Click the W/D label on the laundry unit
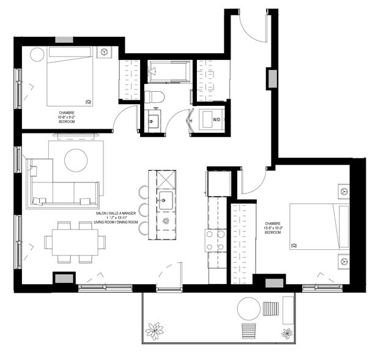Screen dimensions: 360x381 point(216,120)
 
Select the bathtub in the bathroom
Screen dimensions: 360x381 point(169,72)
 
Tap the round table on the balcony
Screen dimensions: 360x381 point(250,307)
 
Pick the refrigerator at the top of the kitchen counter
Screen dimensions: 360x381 point(219,182)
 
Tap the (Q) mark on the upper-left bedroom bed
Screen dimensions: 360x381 point(89,102)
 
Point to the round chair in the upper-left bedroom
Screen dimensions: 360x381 point(37,55)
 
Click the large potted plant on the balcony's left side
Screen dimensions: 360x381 point(156,331)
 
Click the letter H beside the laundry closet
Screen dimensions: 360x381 point(191,120)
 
